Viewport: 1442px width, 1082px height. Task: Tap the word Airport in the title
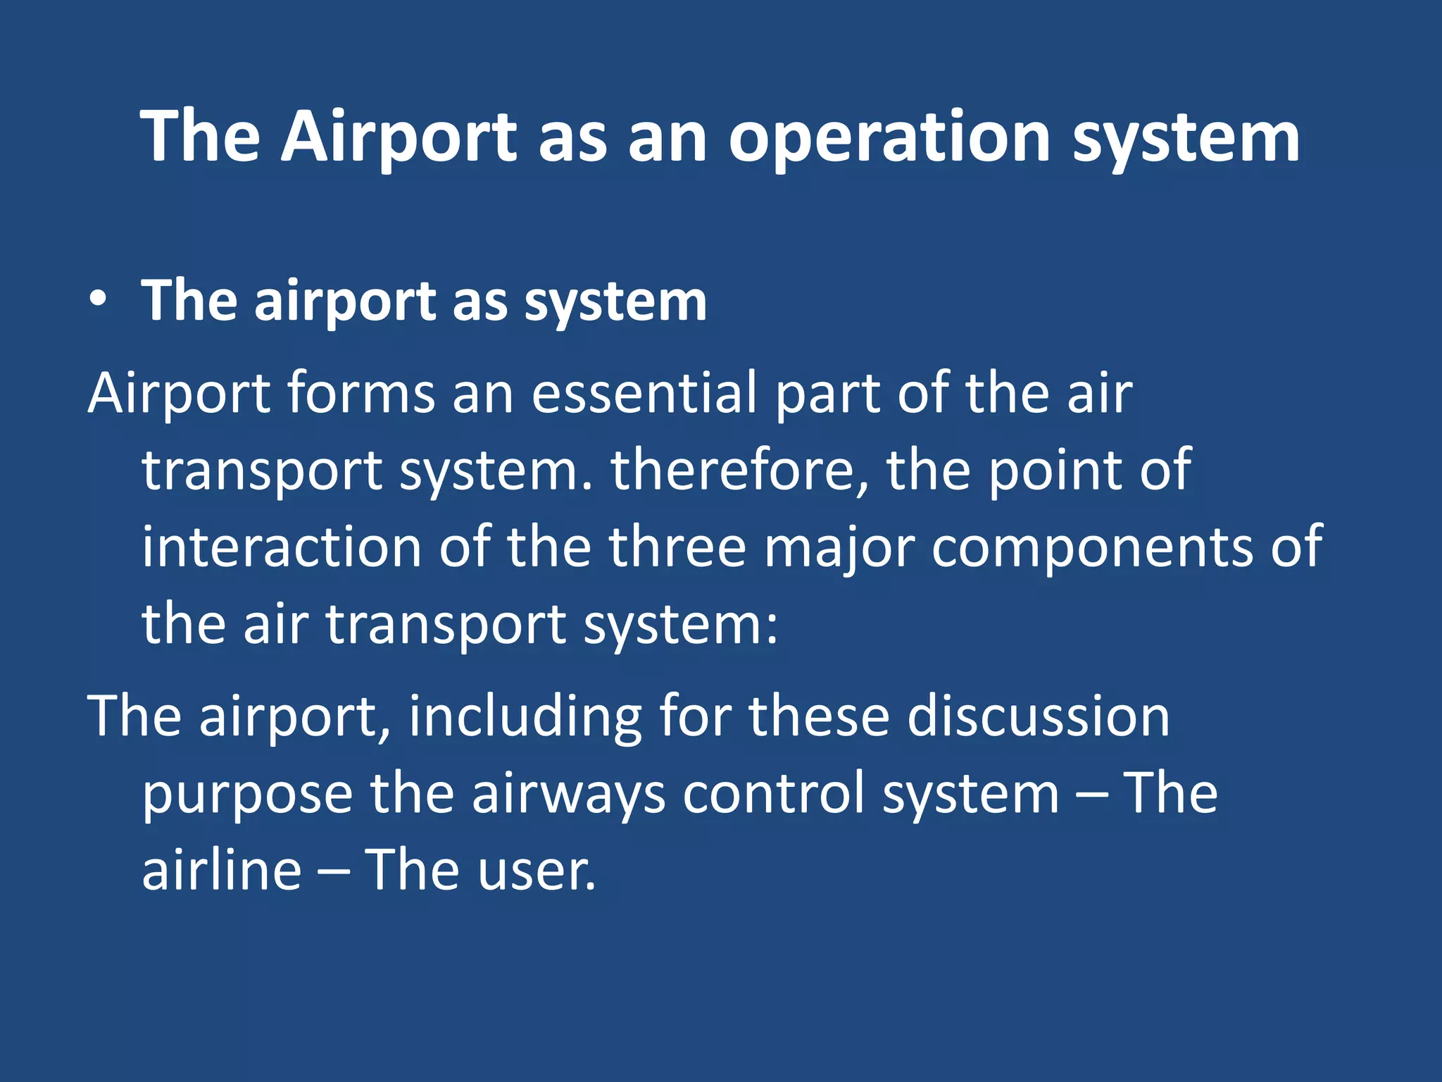[399, 138]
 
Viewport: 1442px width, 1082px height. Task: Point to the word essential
[644, 393]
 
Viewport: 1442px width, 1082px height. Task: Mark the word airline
[222, 870]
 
